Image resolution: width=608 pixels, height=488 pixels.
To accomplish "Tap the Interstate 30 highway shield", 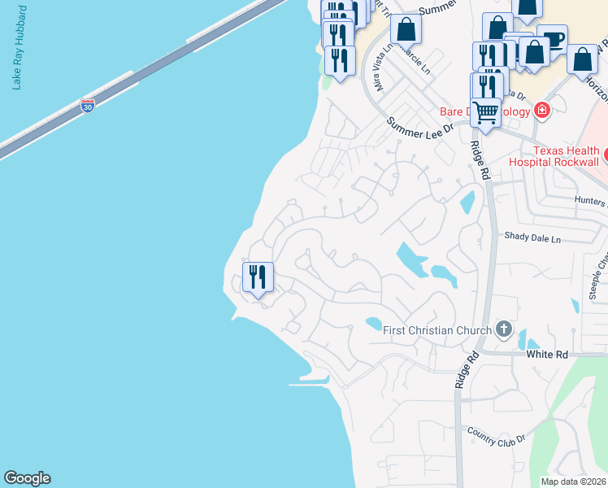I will (88, 105).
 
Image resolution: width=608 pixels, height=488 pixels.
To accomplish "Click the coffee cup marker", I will (553, 40).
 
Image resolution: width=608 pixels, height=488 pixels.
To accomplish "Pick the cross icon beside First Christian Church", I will (504, 329).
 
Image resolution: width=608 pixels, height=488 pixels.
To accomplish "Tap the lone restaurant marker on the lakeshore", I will (258, 277).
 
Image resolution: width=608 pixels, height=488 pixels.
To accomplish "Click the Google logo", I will (27, 478).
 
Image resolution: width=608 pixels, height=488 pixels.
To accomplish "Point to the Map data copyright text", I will (574, 481).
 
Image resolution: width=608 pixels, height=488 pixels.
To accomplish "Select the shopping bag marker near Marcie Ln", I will (406, 30).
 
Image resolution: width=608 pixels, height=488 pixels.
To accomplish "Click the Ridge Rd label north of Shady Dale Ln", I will (478, 161).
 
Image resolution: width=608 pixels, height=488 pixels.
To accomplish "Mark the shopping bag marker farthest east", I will (583, 60).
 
